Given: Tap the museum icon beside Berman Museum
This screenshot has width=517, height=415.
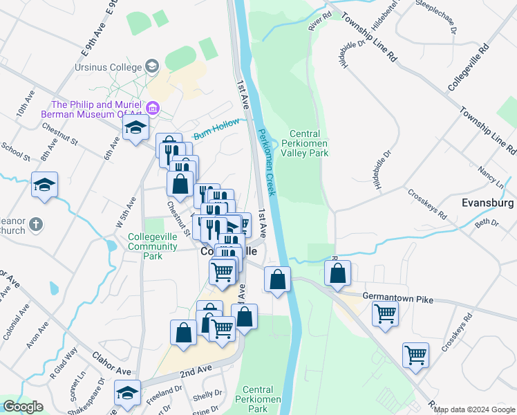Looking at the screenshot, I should coord(153,108).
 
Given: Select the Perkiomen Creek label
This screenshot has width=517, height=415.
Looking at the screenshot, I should coord(267,161).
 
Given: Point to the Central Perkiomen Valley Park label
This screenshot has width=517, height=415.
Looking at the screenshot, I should coord(304,143).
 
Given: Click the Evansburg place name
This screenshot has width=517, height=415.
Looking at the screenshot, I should coord(487,203).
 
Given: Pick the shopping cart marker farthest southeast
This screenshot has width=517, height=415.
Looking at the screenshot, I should coord(415,355).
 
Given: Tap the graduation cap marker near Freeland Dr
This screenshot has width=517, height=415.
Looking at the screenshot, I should coord(127,393).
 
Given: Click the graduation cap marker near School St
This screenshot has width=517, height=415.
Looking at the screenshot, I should coord(45,185).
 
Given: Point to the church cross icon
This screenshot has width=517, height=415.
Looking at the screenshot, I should coord(37,225).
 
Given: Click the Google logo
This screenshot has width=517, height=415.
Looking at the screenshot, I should coord(23,407).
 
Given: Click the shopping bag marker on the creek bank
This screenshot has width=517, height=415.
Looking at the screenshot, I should coord(277,280).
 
